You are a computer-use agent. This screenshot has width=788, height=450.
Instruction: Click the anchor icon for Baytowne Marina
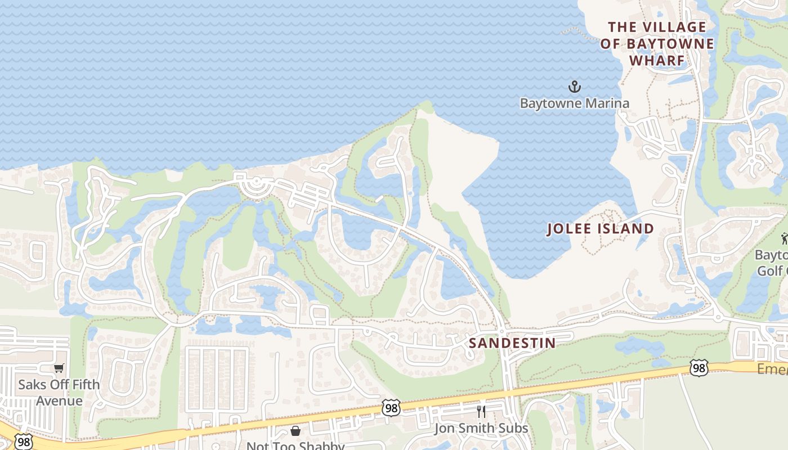(x=574, y=87)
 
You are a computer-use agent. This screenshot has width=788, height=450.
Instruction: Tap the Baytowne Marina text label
(x=574, y=103)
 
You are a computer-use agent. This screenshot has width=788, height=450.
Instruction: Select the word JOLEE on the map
(x=573, y=229)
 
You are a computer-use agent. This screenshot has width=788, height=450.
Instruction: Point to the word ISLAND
(x=628, y=229)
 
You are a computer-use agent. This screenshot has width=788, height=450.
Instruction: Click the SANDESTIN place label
(x=512, y=343)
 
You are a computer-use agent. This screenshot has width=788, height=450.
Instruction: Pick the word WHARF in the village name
(x=657, y=61)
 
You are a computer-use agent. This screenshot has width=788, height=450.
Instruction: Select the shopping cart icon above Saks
(x=59, y=368)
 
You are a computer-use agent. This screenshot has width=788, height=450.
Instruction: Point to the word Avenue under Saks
(x=59, y=401)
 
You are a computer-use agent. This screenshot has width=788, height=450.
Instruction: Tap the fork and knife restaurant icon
(x=481, y=412)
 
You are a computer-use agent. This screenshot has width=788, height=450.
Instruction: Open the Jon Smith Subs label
(x=481, y=429)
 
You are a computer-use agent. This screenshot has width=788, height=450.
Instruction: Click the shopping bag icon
(x=295, y=431)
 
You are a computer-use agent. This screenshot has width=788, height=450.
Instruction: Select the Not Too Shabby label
(x=295, y=446)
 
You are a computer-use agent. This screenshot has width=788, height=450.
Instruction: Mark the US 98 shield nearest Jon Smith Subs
(x=391, y=408)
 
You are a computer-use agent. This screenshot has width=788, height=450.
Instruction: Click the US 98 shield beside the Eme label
(x=699, y=368)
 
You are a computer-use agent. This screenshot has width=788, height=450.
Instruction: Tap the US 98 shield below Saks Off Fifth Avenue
(x=23, y=441)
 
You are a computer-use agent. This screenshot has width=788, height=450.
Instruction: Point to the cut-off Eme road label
(x=772, y=369)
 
